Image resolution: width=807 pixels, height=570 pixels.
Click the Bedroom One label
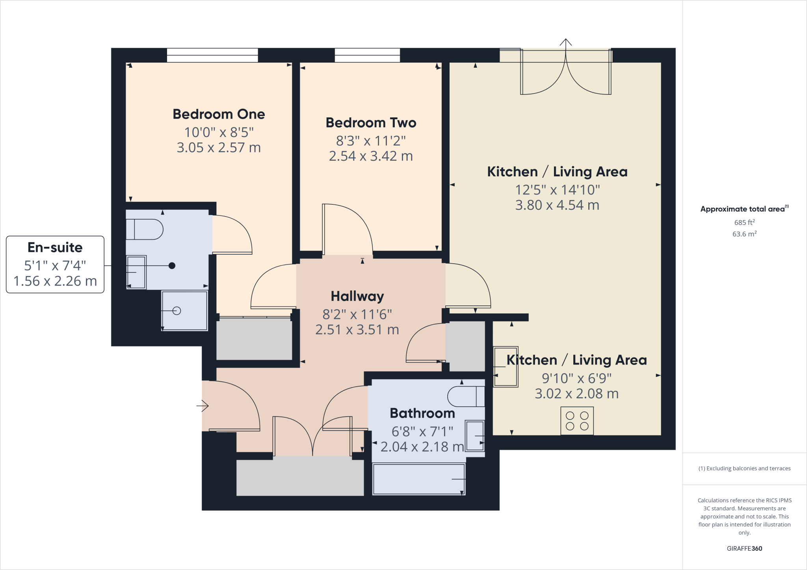pos(219,114)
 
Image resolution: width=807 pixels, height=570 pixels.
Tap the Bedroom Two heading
pos(371,123)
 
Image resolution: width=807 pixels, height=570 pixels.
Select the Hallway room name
pos(357,296)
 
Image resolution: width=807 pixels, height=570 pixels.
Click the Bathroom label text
pos(422,413)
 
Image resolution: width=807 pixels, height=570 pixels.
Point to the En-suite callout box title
pos(55,247)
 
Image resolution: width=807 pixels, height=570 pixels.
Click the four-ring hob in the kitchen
pos(577,421)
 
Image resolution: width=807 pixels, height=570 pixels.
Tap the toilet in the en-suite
pos(144,229)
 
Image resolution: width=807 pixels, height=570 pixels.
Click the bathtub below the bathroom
pos(418,479)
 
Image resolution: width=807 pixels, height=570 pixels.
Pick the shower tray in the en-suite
pos(184,311)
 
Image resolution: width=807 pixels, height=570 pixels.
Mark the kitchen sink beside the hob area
pos(506,367)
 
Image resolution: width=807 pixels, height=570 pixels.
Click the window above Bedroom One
pos(212,55)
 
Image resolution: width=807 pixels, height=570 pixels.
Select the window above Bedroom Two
pos(367,55)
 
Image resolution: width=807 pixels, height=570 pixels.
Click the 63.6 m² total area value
pos(744,234)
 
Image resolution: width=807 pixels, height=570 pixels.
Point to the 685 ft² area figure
pos(744,222)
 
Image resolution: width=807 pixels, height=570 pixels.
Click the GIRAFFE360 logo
pos(744,548)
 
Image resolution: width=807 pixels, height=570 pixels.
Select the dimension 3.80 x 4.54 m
pos(557,205)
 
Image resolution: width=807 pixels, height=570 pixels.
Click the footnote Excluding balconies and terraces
pos(744,468)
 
